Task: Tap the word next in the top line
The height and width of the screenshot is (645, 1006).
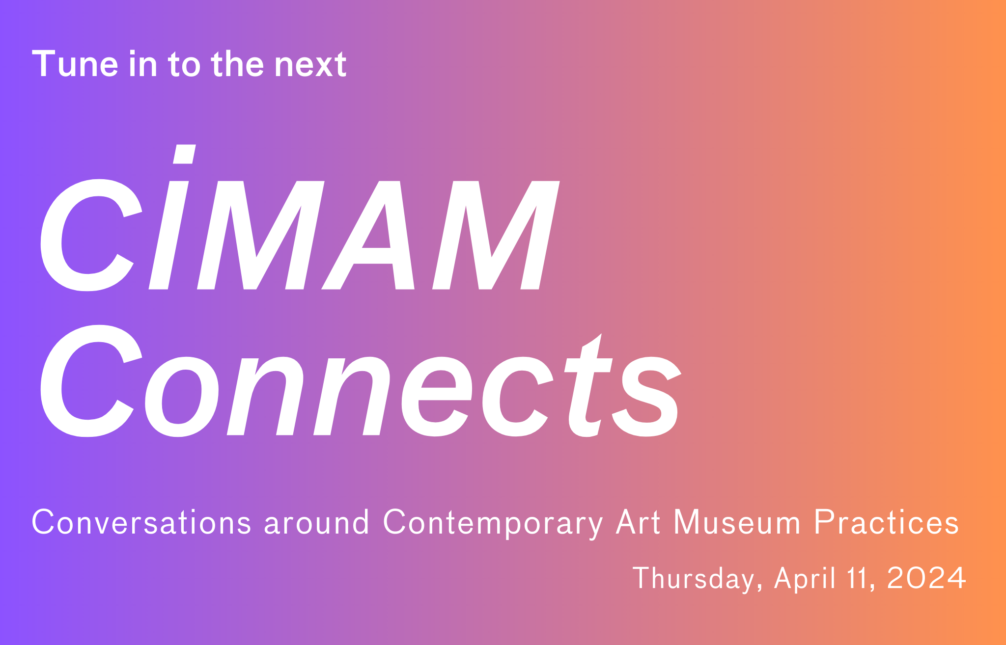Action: [x=310, y=65]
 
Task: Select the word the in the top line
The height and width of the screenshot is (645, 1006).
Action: [x=238, y=64]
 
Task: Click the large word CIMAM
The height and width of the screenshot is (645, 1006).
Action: [x=300, y=235]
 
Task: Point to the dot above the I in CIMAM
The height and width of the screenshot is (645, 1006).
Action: [x=185, y=154]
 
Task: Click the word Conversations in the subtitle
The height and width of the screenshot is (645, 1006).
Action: [x=141, y=522]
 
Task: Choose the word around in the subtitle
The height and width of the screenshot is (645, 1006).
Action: [x=317, y=522]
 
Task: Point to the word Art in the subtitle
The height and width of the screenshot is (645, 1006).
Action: [x=638, y=522]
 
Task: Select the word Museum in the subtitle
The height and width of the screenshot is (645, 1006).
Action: [x=737, y=522]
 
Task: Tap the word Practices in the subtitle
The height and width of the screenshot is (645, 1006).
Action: [x=886, y=522]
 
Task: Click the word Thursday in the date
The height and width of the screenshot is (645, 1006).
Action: [x=698, y=578]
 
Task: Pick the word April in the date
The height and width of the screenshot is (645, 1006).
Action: [x=805, y=578]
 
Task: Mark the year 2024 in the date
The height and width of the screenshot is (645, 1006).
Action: [x=926, y=578]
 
